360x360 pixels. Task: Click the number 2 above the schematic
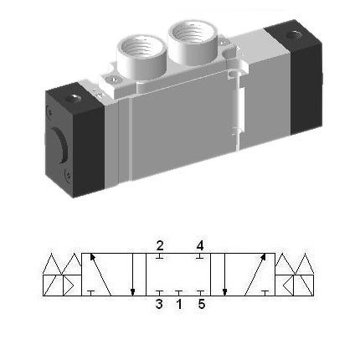159,245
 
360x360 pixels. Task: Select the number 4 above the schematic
199,245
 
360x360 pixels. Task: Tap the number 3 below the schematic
159,306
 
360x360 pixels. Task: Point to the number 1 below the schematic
179,306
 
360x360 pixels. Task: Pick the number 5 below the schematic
200,306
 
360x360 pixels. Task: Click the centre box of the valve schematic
179,275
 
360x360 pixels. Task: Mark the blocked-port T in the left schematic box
90,292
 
